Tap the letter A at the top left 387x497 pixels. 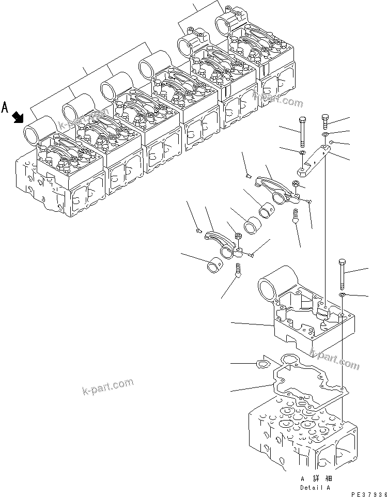pos(5,107)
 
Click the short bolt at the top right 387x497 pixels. pos(326,121)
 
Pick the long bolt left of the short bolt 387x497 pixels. pos(301,132)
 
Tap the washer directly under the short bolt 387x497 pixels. pos(325,135)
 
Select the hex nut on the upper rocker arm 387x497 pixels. pos(295,183)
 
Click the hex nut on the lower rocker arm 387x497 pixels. pos(239,237)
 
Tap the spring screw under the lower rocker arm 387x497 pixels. pos(238,270)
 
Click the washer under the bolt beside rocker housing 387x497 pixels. pos(342,294)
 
